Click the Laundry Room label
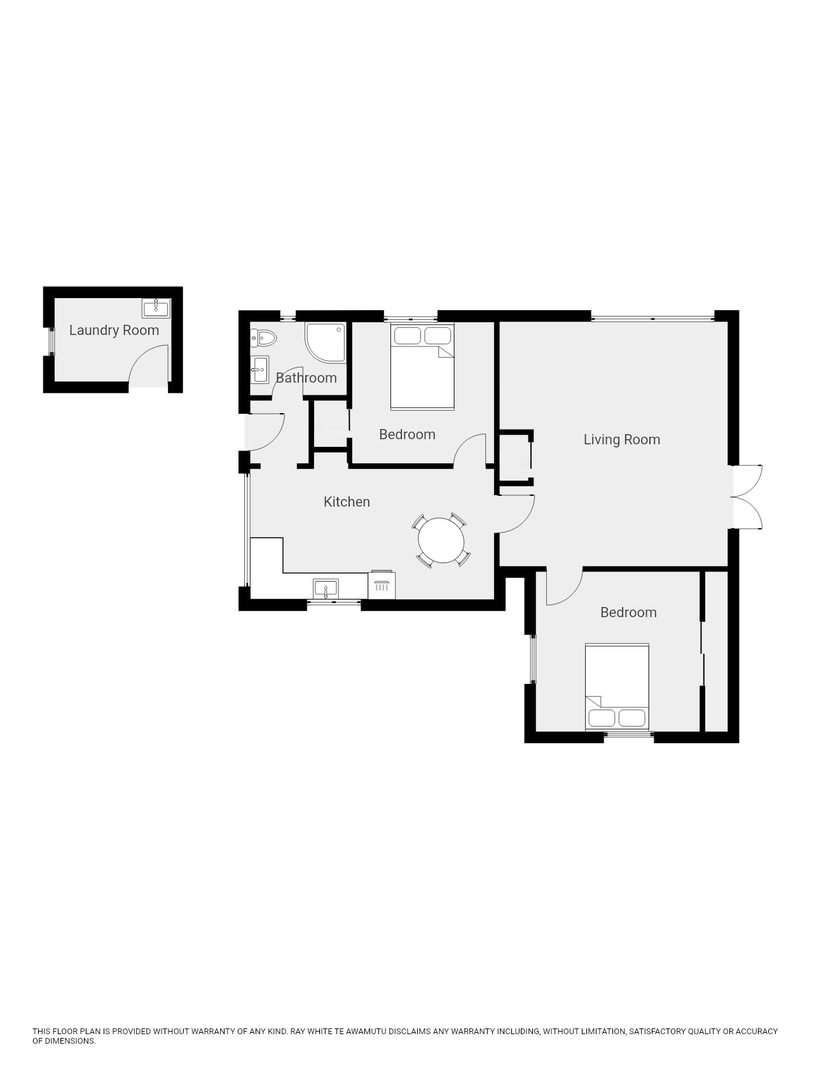[x=114, y=330]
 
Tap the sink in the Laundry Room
[x=156, y=308]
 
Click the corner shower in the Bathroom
[x=326, y=342]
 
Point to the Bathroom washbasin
[x=259, y=369]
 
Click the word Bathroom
[x=306, y=378]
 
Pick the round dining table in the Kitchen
[x=441, y=541]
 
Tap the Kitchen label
[x=347, y=501]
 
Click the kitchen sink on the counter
[x=326, y=589]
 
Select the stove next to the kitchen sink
[x=382, y=585]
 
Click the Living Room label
[x=622, y=439]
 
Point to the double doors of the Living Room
[x=747, y=497]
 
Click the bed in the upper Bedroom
[x=422, y=367]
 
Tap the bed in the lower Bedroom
[x=617, y=687]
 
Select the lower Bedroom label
[x=628, y=612]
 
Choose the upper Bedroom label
[x=407, y=434]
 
